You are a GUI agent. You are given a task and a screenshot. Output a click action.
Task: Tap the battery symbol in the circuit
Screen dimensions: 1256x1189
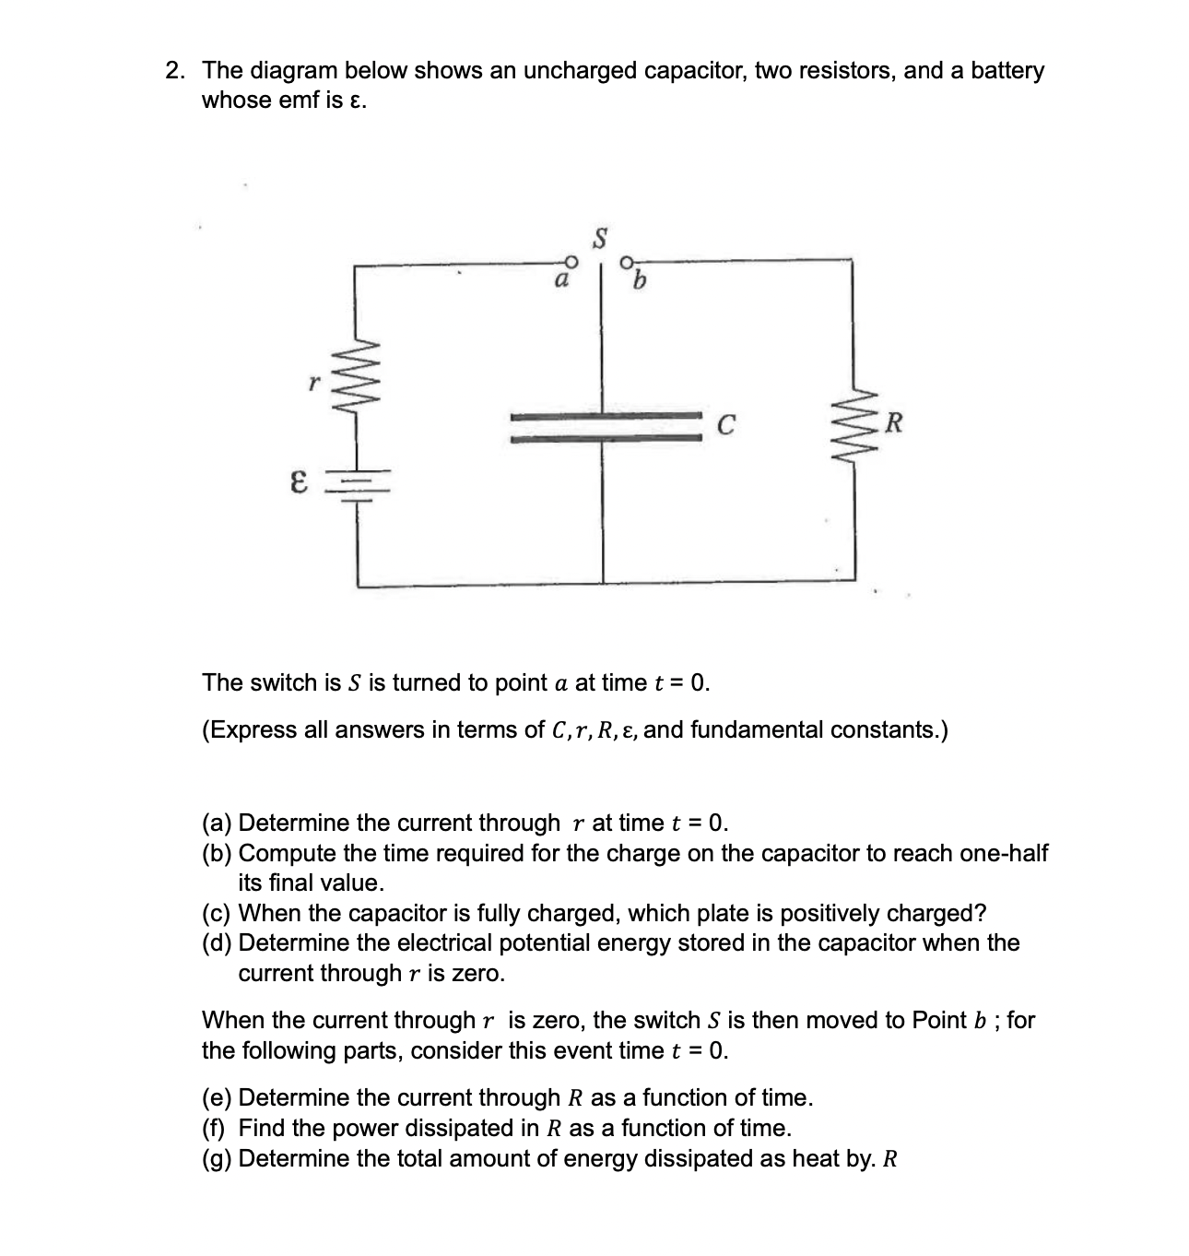click(358, 480)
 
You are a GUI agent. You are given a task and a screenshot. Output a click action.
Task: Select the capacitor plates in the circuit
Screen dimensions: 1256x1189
click(605, 431)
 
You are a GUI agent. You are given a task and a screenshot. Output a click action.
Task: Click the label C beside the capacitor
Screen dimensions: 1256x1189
click(726, 426)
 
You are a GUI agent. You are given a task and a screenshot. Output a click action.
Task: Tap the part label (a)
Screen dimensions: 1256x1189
click(218, 823)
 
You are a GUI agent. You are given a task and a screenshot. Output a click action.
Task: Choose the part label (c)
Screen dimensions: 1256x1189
click(218, 913)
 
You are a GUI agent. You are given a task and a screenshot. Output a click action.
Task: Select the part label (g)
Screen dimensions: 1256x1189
click(218, 1158)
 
